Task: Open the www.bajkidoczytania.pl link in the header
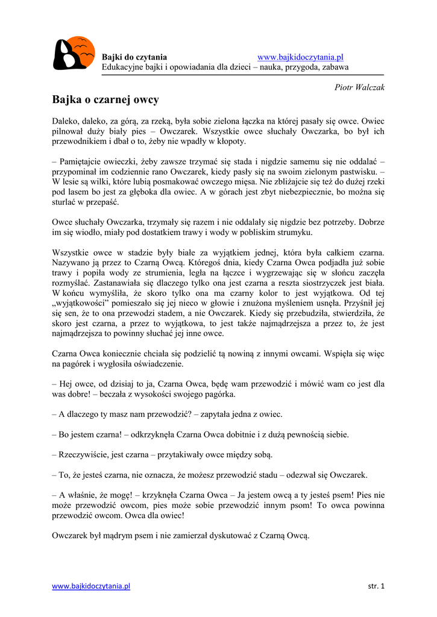click(300, 57)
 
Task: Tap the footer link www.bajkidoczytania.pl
click(91, 586)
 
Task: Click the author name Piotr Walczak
click(359, 87)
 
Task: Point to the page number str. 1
click(376, 586)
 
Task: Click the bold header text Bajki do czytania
click(134, 57)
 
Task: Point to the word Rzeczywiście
click(85, 454)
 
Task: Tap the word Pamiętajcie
click(83, 161)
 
